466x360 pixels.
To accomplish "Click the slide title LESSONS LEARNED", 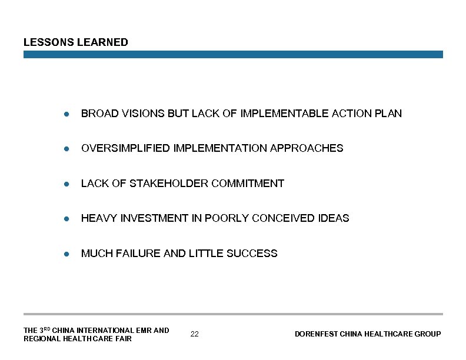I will [75, 42].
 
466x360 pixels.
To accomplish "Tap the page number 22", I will [195, 334].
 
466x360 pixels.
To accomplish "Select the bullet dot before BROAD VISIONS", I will [68, 114].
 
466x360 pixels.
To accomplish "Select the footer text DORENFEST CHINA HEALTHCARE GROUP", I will [368, 334].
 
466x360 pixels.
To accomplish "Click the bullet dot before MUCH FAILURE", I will [68, 254].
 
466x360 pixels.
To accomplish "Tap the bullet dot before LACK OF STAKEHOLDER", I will [68, 184].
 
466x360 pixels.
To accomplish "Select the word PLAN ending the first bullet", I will [388, 114].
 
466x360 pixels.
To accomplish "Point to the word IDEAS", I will [334, 218].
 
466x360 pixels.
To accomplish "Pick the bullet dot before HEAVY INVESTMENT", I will [68, 218].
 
